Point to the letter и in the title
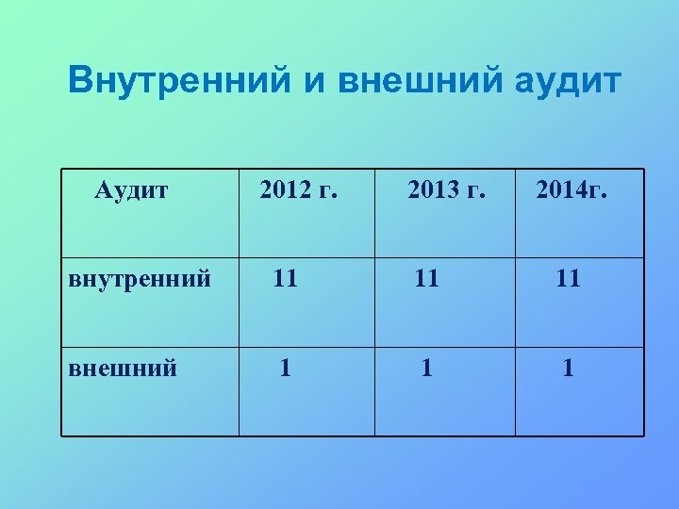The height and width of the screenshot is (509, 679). (312, 83)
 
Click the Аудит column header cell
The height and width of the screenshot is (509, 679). (132, 191)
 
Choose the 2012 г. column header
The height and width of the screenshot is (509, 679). (298, 191)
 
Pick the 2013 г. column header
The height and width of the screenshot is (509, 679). (446, 191)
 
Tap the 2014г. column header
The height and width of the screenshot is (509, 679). (572, 191)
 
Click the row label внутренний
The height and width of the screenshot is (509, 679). (140, 279)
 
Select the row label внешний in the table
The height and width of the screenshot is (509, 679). (124, 368)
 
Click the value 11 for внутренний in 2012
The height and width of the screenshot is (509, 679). (285, 278)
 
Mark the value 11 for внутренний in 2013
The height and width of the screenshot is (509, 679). (426, 278)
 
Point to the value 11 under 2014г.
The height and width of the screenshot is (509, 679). (567, 278)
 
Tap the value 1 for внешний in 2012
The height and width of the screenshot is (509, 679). (285, 367)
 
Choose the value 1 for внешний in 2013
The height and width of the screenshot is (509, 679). (427, 367)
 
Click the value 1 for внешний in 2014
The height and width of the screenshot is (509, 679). (568, 367)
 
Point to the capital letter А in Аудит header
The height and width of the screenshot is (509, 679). (104, 191)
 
